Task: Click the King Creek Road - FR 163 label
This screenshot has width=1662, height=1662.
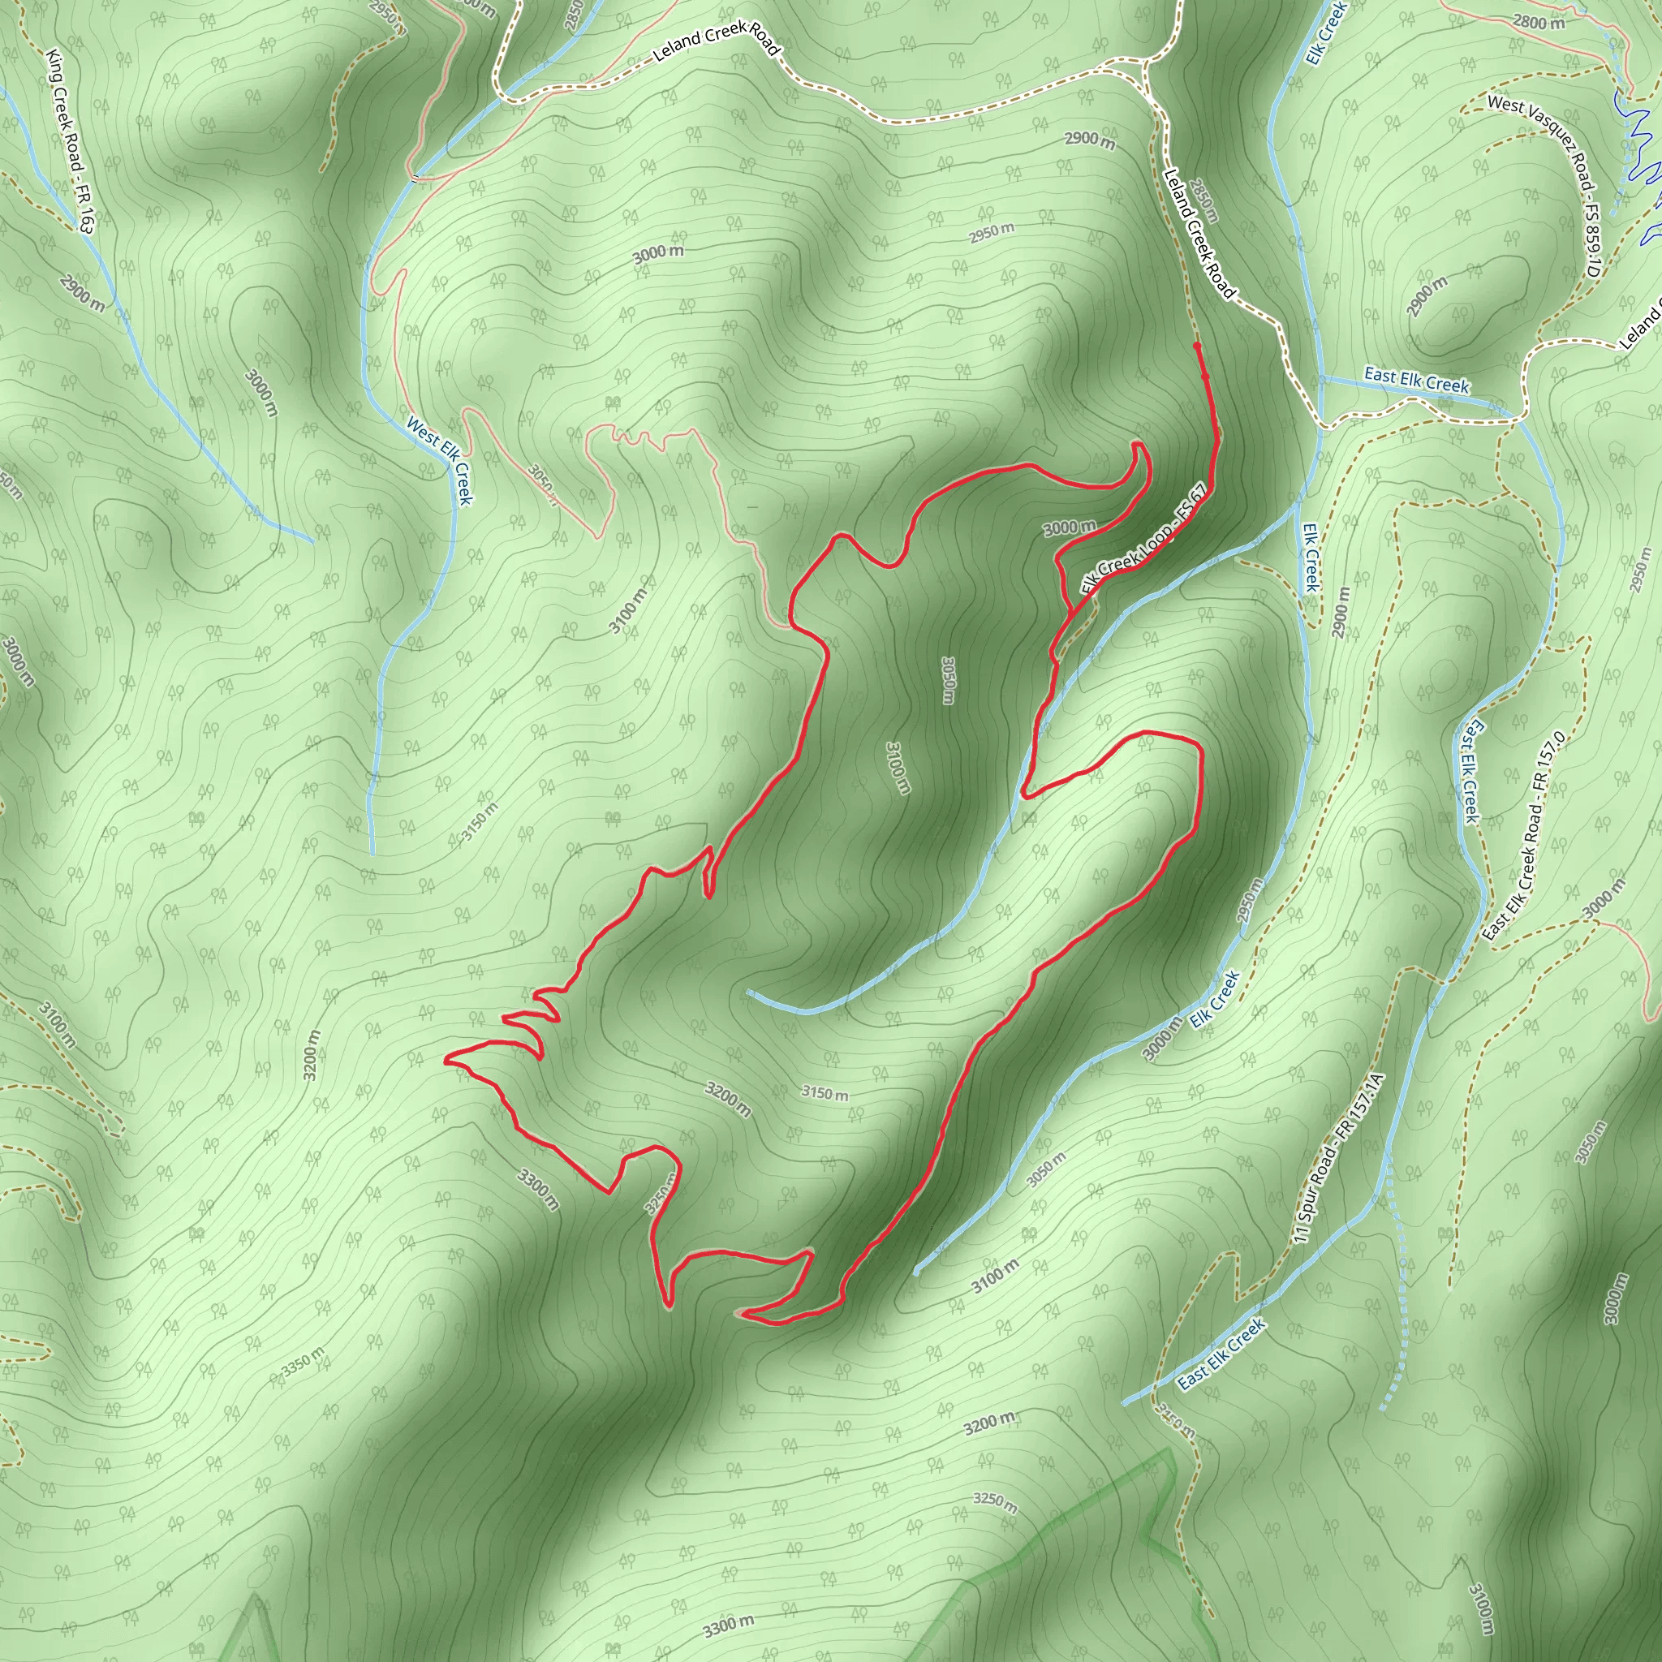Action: coord(70,140)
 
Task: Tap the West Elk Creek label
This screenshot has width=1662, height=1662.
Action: coord(440,460)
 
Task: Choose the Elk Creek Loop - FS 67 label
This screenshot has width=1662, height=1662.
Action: coord(1143,539)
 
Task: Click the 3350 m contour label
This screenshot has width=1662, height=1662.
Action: coord(304,1360)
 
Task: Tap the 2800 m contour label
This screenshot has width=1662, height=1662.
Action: coord(1539,24)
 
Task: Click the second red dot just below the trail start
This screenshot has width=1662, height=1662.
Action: coord(1205,376)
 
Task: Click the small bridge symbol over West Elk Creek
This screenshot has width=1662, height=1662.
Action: coord(415,178)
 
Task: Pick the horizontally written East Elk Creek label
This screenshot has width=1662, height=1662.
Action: coord(1416,379)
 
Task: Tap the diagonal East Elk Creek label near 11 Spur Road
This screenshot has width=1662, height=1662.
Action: coord(1221,1353)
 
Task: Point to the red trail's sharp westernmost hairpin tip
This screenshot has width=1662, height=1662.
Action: coord(446,1061)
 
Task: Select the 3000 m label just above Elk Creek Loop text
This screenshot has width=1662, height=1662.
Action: coord(1070,527)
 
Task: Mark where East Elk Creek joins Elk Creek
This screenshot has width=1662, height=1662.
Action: coord(1320,377)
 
